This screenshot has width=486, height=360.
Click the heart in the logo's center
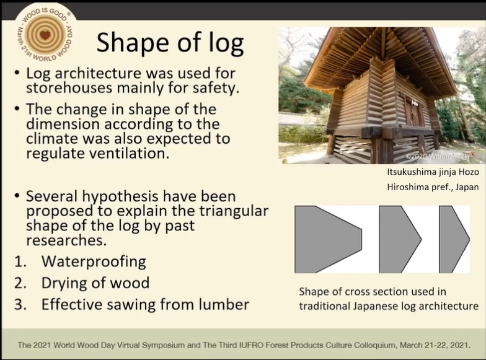45,35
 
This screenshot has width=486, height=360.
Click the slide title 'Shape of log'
170,43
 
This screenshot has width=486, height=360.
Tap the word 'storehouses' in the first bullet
69,88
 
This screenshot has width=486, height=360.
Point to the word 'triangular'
234,211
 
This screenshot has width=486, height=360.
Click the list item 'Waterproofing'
94,261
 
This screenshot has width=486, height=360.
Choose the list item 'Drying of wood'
95,283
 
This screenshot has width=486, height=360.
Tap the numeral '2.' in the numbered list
20,283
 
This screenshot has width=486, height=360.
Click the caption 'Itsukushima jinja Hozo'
433,172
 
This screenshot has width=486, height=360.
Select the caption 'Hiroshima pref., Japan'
433,187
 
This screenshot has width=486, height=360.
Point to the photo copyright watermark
438,156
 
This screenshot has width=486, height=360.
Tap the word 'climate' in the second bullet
53,139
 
